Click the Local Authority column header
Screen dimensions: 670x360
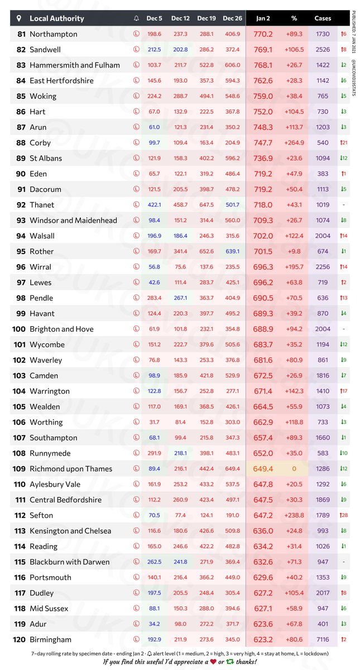(57, 18)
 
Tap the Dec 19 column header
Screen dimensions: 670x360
(207, 18)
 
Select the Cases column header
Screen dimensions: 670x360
(323, 18)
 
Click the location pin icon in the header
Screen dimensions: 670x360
(20, 18)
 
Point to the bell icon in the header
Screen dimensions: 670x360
(137, 18)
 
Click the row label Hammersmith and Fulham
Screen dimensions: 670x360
(75, 65)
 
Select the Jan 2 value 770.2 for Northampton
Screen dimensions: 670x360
(263, 34)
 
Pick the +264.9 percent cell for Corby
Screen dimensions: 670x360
(294, 143)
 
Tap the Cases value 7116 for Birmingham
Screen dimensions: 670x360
(323, 640)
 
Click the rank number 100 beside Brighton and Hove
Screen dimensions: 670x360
(19, 329)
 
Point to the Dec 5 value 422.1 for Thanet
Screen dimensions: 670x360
(154, 205)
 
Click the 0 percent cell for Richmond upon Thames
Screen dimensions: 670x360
(294, 469)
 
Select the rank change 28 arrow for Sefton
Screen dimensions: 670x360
(343, 515)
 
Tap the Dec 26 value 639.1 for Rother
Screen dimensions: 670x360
(233, 252)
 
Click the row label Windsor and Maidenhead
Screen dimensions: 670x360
(74, 221)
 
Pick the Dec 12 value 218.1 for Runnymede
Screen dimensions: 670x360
(180, 453)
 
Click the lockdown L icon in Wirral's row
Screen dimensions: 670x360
(137, 267)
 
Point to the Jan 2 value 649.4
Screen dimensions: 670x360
(263, 469)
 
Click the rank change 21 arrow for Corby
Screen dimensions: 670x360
(343, 143)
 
